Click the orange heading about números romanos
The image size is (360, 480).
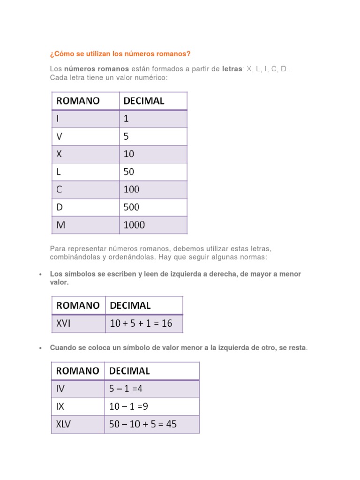120,54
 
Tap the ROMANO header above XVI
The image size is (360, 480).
78,306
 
